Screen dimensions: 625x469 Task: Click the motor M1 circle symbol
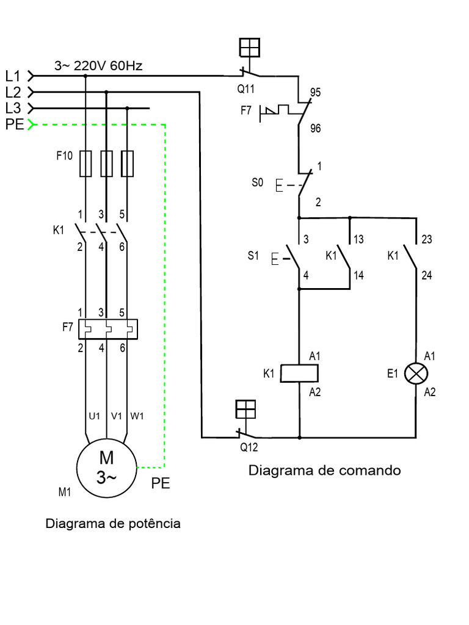[x=106, y=468]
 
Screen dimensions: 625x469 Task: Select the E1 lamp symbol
[x=416, y=374]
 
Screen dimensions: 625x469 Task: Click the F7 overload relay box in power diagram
[x=107, y=328]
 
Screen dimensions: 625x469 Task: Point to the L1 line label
[x=13, y=76]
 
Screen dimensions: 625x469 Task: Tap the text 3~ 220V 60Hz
[x=98, y=66]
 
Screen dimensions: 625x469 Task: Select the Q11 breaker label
[x=246, y=89]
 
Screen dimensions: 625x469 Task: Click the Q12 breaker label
[x=249, y=447]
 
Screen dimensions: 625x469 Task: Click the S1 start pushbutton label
[x=254, y=256]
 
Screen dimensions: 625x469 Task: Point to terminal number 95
[x=316, y=93]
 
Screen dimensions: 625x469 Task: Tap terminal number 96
[x=316, y=129]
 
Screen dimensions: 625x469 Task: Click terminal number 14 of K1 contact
[x=358, y=276]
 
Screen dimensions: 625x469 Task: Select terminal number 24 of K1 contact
[x=427, y=276]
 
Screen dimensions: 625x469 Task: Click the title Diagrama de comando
[x=324, y=471]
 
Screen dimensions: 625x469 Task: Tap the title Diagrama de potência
[x=113, y=524]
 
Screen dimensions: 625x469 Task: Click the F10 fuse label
[x=64, y=156]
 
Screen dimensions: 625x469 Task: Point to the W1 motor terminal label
[x=137, y=416]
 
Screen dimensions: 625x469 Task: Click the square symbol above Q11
[x=250, y=48]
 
